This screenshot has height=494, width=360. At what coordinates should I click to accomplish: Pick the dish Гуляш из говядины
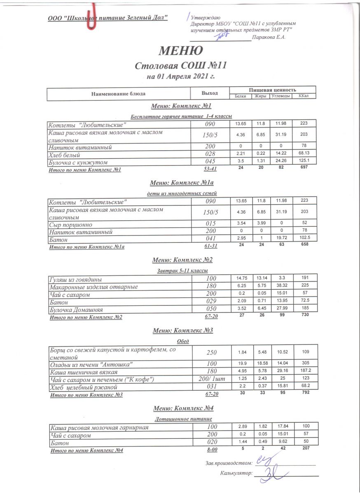[x=75, y=279]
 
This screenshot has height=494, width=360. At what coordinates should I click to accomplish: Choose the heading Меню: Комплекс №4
[x=183, y=408]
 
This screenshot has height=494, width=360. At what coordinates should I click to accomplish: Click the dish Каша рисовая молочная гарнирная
[x=99, y=428]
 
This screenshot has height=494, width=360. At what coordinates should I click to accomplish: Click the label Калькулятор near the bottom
[x=236, y=474]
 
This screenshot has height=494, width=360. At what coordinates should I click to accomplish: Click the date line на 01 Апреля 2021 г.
[x=181, y=76]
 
